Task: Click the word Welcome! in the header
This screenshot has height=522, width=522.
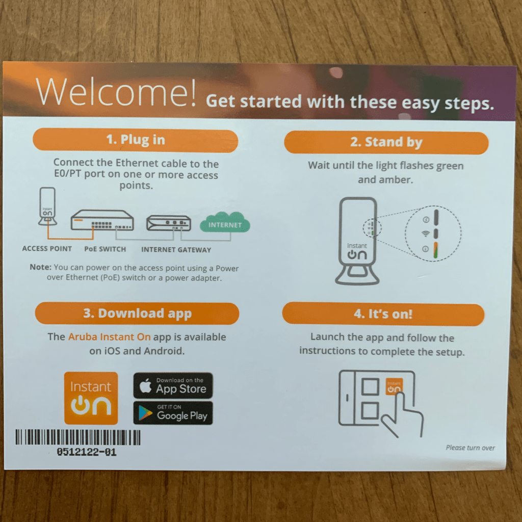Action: [x=116, y=92]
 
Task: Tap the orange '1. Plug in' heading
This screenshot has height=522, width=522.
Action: [x=136, y=140]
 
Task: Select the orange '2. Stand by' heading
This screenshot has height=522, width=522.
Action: [x=386, y=143]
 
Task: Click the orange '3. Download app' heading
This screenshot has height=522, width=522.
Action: [x=137, y=314]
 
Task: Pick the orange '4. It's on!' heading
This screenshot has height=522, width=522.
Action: [x=383, y=314]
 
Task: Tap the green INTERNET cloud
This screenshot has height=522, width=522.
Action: [x=225, y=223]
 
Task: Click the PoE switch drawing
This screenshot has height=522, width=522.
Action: [x=102, y=220]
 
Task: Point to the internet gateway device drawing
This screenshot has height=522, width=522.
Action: [x=169, y=223]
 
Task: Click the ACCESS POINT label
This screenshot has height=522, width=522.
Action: [x=47, y=249]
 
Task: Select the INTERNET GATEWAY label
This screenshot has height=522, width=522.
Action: [x=176, y=250]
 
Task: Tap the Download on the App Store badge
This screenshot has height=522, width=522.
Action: [x=173, y=385]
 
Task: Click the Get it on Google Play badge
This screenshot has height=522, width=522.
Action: [x=173, y=413]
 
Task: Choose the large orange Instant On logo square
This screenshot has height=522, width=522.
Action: [x=91, y=398]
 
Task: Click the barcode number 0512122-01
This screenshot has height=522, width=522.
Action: [x=87, y=452]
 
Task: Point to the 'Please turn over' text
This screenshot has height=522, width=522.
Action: [x=470, y=448]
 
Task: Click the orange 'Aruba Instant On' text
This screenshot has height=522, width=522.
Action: [x=110, y=337]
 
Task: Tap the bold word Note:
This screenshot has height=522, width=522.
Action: [x=41, y=267]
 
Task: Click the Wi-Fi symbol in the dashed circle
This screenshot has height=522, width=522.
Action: [x=426, y=233]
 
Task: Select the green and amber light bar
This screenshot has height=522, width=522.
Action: [x=435, y=250]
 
